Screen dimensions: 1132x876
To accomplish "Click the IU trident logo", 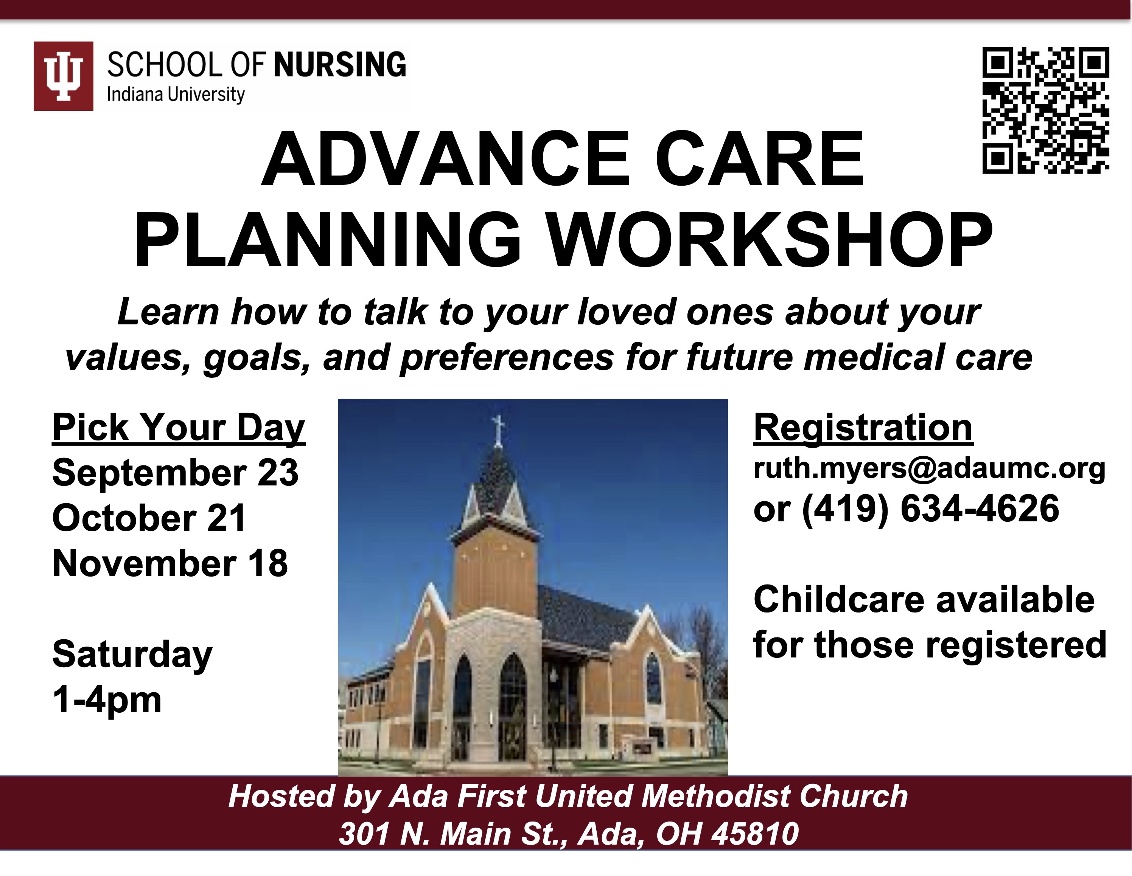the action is pyautogui.click(x=63, y=76).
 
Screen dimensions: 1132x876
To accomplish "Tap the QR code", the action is pyautogui.click(x=1046, y=110).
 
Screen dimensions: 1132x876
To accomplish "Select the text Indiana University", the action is pyautogui.click(x=175, y=95).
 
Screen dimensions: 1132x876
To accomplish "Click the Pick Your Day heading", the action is pyautogui.click(x=179, y=428).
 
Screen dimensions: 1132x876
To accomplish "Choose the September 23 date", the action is pyautogui.click(x=175, y=473).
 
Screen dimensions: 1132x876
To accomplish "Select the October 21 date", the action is pyautogui.click(x=149, y=518).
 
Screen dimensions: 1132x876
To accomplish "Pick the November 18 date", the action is pyautogui.click(x=170, y=563).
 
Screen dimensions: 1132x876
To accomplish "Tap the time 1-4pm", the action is pyautogui.click(x=107, y=701).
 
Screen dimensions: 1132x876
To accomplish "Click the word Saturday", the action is pyautogui.click(x=132, y=655).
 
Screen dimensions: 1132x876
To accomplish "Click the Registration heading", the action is pyautogui.click(x=863, y=428).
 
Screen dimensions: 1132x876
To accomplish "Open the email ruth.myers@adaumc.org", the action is pyautogui.click(x=929, y=469).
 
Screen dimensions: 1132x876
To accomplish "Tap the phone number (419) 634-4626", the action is pyautogui.click(x=930, y=509).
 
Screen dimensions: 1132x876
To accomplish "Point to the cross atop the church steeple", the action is pyautogui.click(x=498, y=430).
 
